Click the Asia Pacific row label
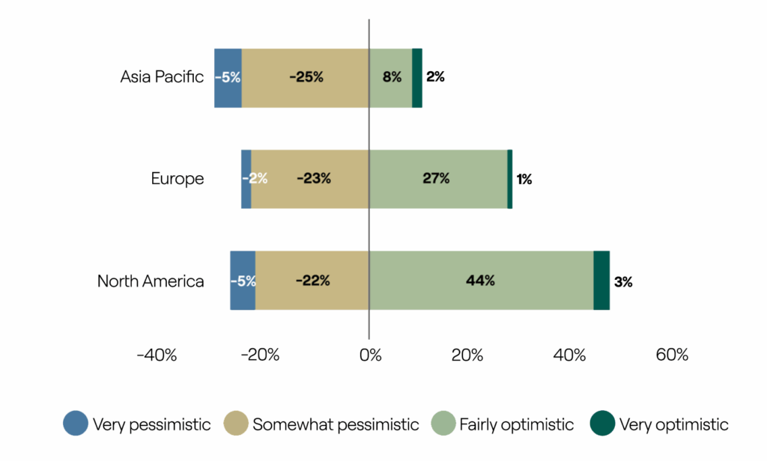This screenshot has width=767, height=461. tap(162, 77)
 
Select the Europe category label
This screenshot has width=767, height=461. tap(177, 178)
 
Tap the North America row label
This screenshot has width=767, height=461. tap(151, 281)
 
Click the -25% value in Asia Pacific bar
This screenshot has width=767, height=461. tap(306, 77)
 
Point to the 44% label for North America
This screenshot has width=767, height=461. tap(480, 281)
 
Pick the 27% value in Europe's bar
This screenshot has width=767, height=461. tap(436, 178)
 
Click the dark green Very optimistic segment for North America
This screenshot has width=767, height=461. tap(601, 281)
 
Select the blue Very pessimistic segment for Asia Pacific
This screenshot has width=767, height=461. tap(228, 79)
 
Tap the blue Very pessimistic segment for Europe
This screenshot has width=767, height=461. tap(246, 180)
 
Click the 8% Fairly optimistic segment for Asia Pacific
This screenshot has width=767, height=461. tap(390, 79)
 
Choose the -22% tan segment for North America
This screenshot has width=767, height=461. tap(312, 281)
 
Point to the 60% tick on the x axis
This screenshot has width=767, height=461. tap(672, 355)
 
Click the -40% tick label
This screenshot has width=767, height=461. tap(157, 355)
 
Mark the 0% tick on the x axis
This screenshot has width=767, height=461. tap(370, 355)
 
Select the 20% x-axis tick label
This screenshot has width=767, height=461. tap(467, 355)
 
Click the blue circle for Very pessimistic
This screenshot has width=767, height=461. tap(76, 424)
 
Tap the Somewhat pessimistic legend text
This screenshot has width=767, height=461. tap(336, 424)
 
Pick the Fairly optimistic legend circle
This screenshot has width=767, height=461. tap(443, 424)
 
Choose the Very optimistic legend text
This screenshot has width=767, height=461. tap(673, 424)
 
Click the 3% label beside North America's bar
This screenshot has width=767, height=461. tap(623, 282)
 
